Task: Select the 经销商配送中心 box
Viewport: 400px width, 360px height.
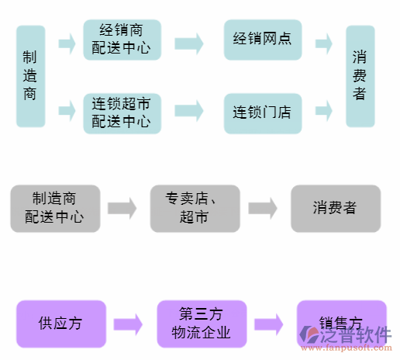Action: click(x=122, y=40)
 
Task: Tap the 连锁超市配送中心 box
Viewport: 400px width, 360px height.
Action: click(x=122, y=112)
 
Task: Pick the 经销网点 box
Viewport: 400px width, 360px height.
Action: click(x=262, y=40)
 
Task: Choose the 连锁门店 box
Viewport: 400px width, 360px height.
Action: click(x=262, y=112)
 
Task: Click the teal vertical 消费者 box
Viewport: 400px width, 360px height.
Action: click(x=360, y=76)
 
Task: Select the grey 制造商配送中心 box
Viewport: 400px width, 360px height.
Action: click(x=55, y=208)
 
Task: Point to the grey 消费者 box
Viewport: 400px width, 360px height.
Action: click(x=335, y=208)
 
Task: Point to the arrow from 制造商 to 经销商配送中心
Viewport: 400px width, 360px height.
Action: click(x=67, y=42)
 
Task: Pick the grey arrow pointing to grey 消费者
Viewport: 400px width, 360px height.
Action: click(x=263, y=208)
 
